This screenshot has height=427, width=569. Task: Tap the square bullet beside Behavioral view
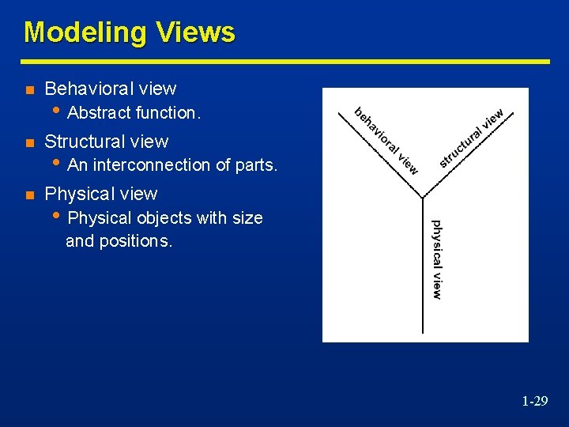click(x=29, y=89)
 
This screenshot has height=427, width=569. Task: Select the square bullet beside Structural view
click(x=29, y=142)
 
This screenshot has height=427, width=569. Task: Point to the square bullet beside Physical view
click(x=29, y=195)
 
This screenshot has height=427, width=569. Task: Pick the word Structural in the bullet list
click(x=84, y=142)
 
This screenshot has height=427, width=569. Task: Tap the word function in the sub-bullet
click(x=167, y=113)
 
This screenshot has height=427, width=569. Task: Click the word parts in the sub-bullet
click(x=256, y=165)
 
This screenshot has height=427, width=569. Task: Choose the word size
click(x=247, y=217)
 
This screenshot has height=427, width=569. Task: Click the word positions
click(x=132, y=241)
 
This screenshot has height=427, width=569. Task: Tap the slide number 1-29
click(x=534, y=402)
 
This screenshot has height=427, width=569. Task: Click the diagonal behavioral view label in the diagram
click(x=386, y=140)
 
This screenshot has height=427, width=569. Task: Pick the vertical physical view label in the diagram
click(x=436, y=259)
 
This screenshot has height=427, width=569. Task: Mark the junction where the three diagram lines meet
click(x=425, y=196)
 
